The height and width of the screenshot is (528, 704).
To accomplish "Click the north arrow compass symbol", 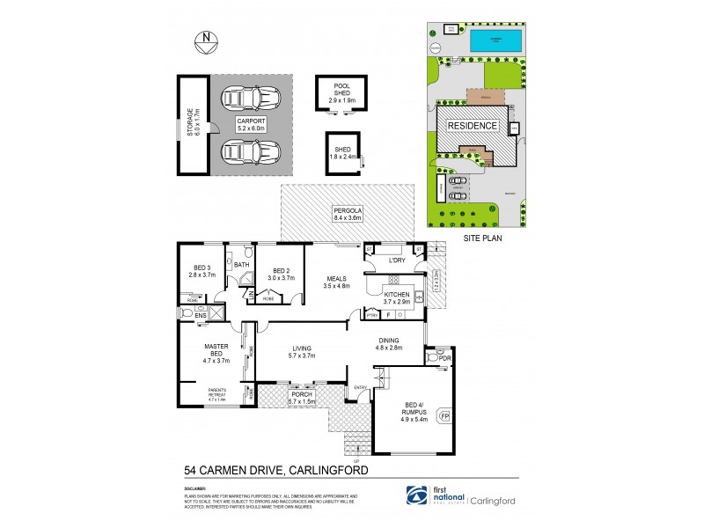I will [x=205, y=38].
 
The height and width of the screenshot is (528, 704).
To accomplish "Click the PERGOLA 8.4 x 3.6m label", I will [x=347, y=213].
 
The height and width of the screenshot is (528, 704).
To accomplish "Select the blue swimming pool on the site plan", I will [x=495, y=40].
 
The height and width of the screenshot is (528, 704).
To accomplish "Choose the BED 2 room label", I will [x=281, y=274].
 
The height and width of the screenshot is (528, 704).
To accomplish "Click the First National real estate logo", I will [x=431, y=497].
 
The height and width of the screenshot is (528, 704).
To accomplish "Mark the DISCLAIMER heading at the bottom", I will [x=195, y=486].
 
